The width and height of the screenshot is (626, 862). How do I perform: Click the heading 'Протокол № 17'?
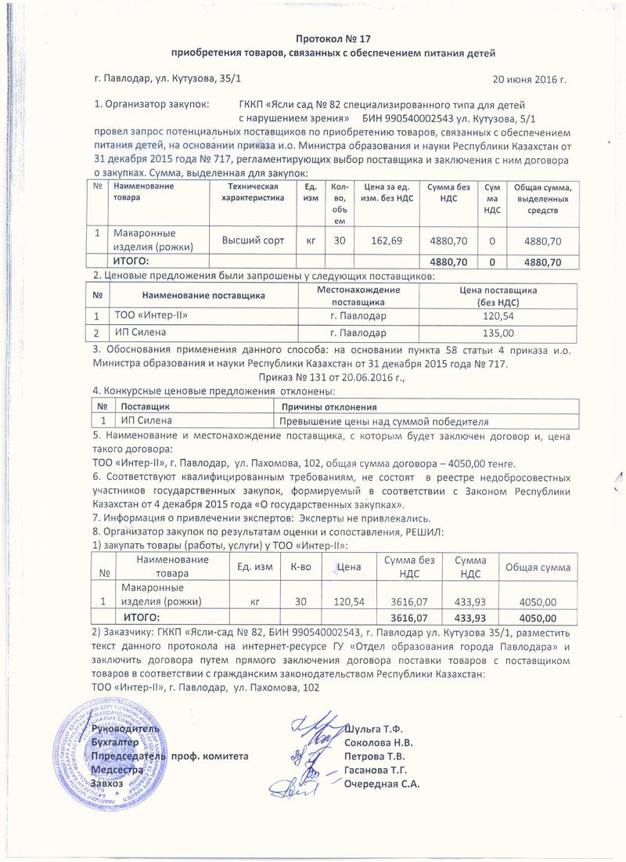[333, 37]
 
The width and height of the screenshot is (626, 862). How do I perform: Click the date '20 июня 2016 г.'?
[528, 80]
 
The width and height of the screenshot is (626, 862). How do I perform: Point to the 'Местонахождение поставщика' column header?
[358, 295]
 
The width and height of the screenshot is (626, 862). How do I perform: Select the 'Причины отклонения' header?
[329, 407]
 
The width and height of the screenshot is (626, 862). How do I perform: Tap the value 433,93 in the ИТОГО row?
[459, 617]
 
